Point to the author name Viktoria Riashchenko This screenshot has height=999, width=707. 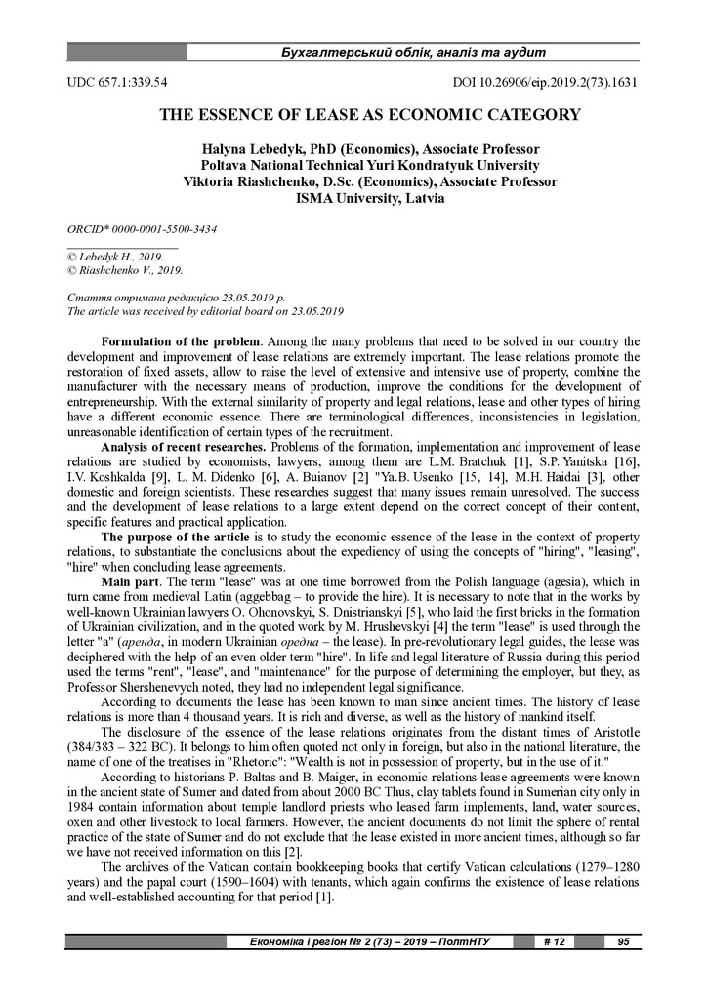coord(258,181)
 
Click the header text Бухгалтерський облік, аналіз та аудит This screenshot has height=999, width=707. coord(412,52)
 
